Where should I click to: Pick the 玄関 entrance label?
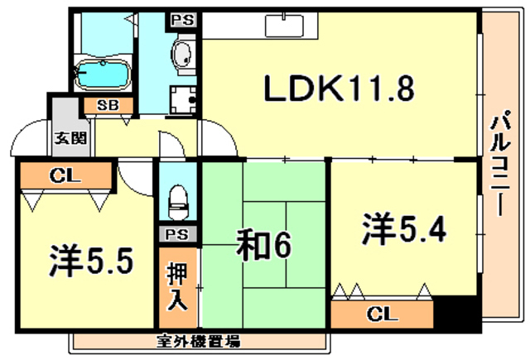70,138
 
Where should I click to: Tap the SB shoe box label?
107,105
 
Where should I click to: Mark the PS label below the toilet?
176,233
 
